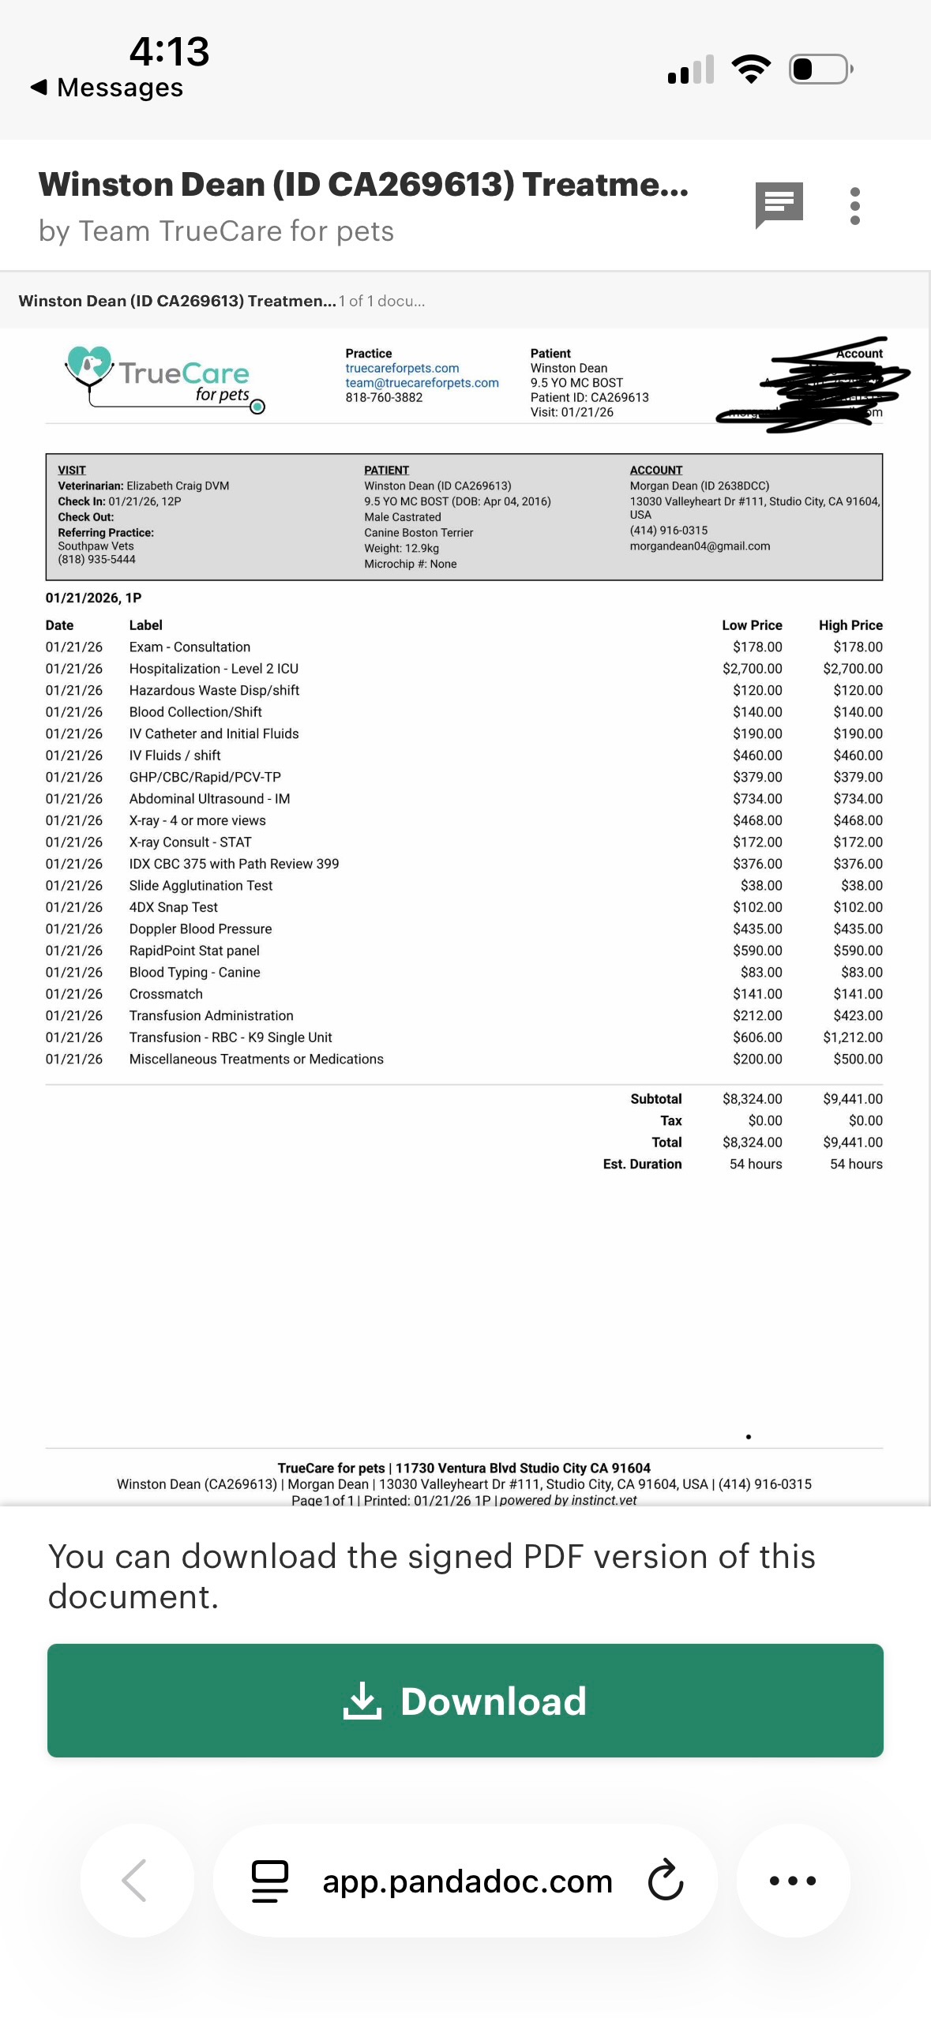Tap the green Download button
465,1700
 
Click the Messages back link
107,87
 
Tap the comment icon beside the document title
779,204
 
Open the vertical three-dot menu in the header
854,206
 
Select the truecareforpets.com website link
402,368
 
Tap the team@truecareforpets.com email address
422,383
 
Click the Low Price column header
752,625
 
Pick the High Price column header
850,625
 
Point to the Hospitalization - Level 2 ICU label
214,669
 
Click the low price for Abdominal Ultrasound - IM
757,799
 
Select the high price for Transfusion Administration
858,1015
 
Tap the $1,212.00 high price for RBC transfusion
852,1037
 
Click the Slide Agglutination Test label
201,886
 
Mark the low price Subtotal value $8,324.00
752,1099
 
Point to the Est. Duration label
642,1164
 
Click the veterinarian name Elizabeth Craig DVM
178,486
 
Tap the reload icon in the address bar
666,1880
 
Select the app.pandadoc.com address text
467,1881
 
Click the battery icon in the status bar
820,69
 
